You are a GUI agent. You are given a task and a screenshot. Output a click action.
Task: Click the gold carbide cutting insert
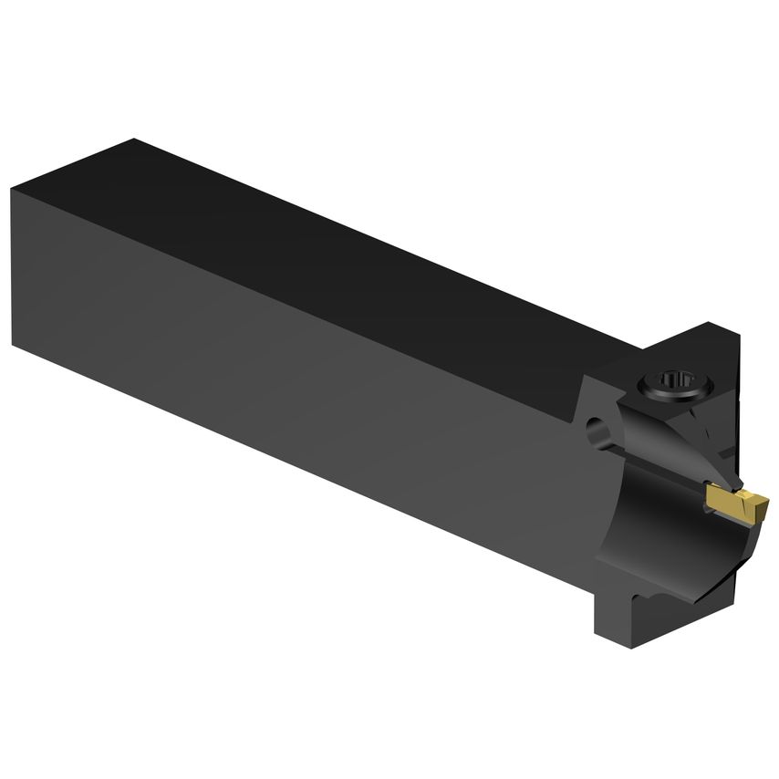(x=737, y=504)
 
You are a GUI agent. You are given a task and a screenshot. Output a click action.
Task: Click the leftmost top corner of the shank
(x=13, y=190)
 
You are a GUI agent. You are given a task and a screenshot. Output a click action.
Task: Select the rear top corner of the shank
(x=135, y=140)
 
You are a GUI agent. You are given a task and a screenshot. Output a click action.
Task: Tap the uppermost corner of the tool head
(x=710, y=323)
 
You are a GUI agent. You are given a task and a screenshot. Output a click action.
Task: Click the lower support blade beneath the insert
(x=730, y=547)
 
